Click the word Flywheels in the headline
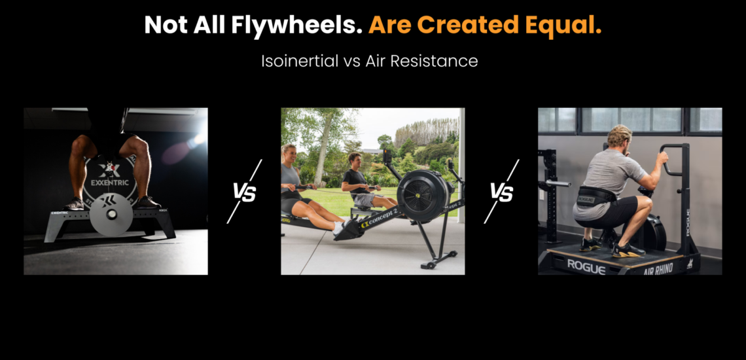click(x=294, y=25)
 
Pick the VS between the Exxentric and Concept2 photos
click(x=244, y=193)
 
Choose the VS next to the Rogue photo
click(x=502, y=193)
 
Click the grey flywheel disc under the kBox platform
click(x=111, y=214)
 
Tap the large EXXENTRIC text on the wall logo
click(x=110, y=183)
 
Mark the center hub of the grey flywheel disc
click(x=111, y=215)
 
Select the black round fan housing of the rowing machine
click(x=423, y=195)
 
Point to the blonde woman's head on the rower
click(x=289, y=153)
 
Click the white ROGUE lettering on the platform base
click(x=586, y=266)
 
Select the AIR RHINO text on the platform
click(x=658, y=269)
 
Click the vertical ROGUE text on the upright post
click(x=688, y=222)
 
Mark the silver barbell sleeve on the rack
click(x=558, y=183)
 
